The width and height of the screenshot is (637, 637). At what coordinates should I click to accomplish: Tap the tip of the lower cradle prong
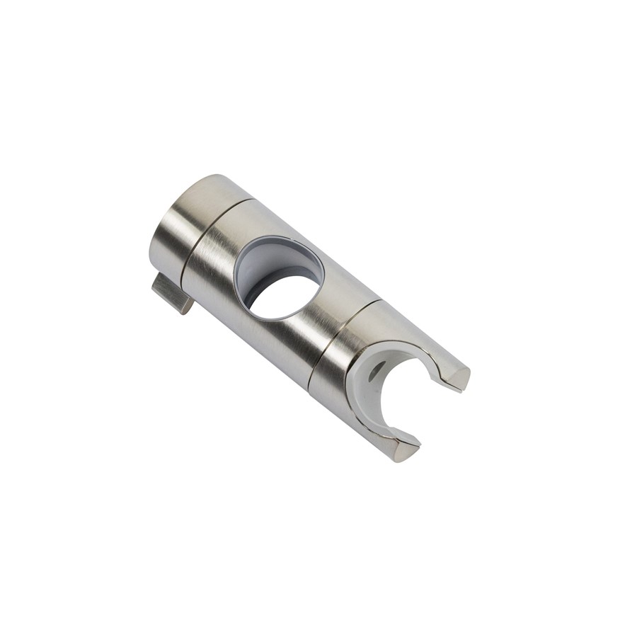(x=407, y=449)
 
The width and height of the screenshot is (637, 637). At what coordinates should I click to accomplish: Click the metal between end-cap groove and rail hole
(x=219, y=255)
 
